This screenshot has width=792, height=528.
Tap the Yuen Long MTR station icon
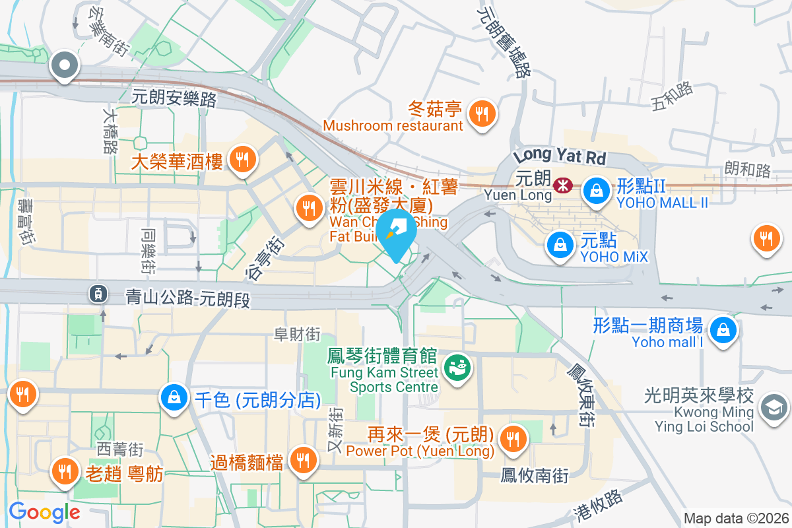point(563,185)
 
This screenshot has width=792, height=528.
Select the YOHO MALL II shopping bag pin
point(596,191)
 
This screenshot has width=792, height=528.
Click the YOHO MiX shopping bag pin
point(560,245)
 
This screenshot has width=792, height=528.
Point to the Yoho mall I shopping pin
point(723,328)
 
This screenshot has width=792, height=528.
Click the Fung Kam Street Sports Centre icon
point(456,366)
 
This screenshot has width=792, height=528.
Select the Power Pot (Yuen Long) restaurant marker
point(512,438)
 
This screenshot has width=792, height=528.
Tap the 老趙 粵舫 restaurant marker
point(64,471)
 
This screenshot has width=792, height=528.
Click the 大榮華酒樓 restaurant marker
point(243,158)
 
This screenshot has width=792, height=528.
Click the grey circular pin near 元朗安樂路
point(65,66)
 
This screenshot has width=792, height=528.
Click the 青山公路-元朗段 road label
point(189,298)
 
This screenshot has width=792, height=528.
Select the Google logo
point(45,511)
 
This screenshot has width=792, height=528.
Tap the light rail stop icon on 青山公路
point(98,294)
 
